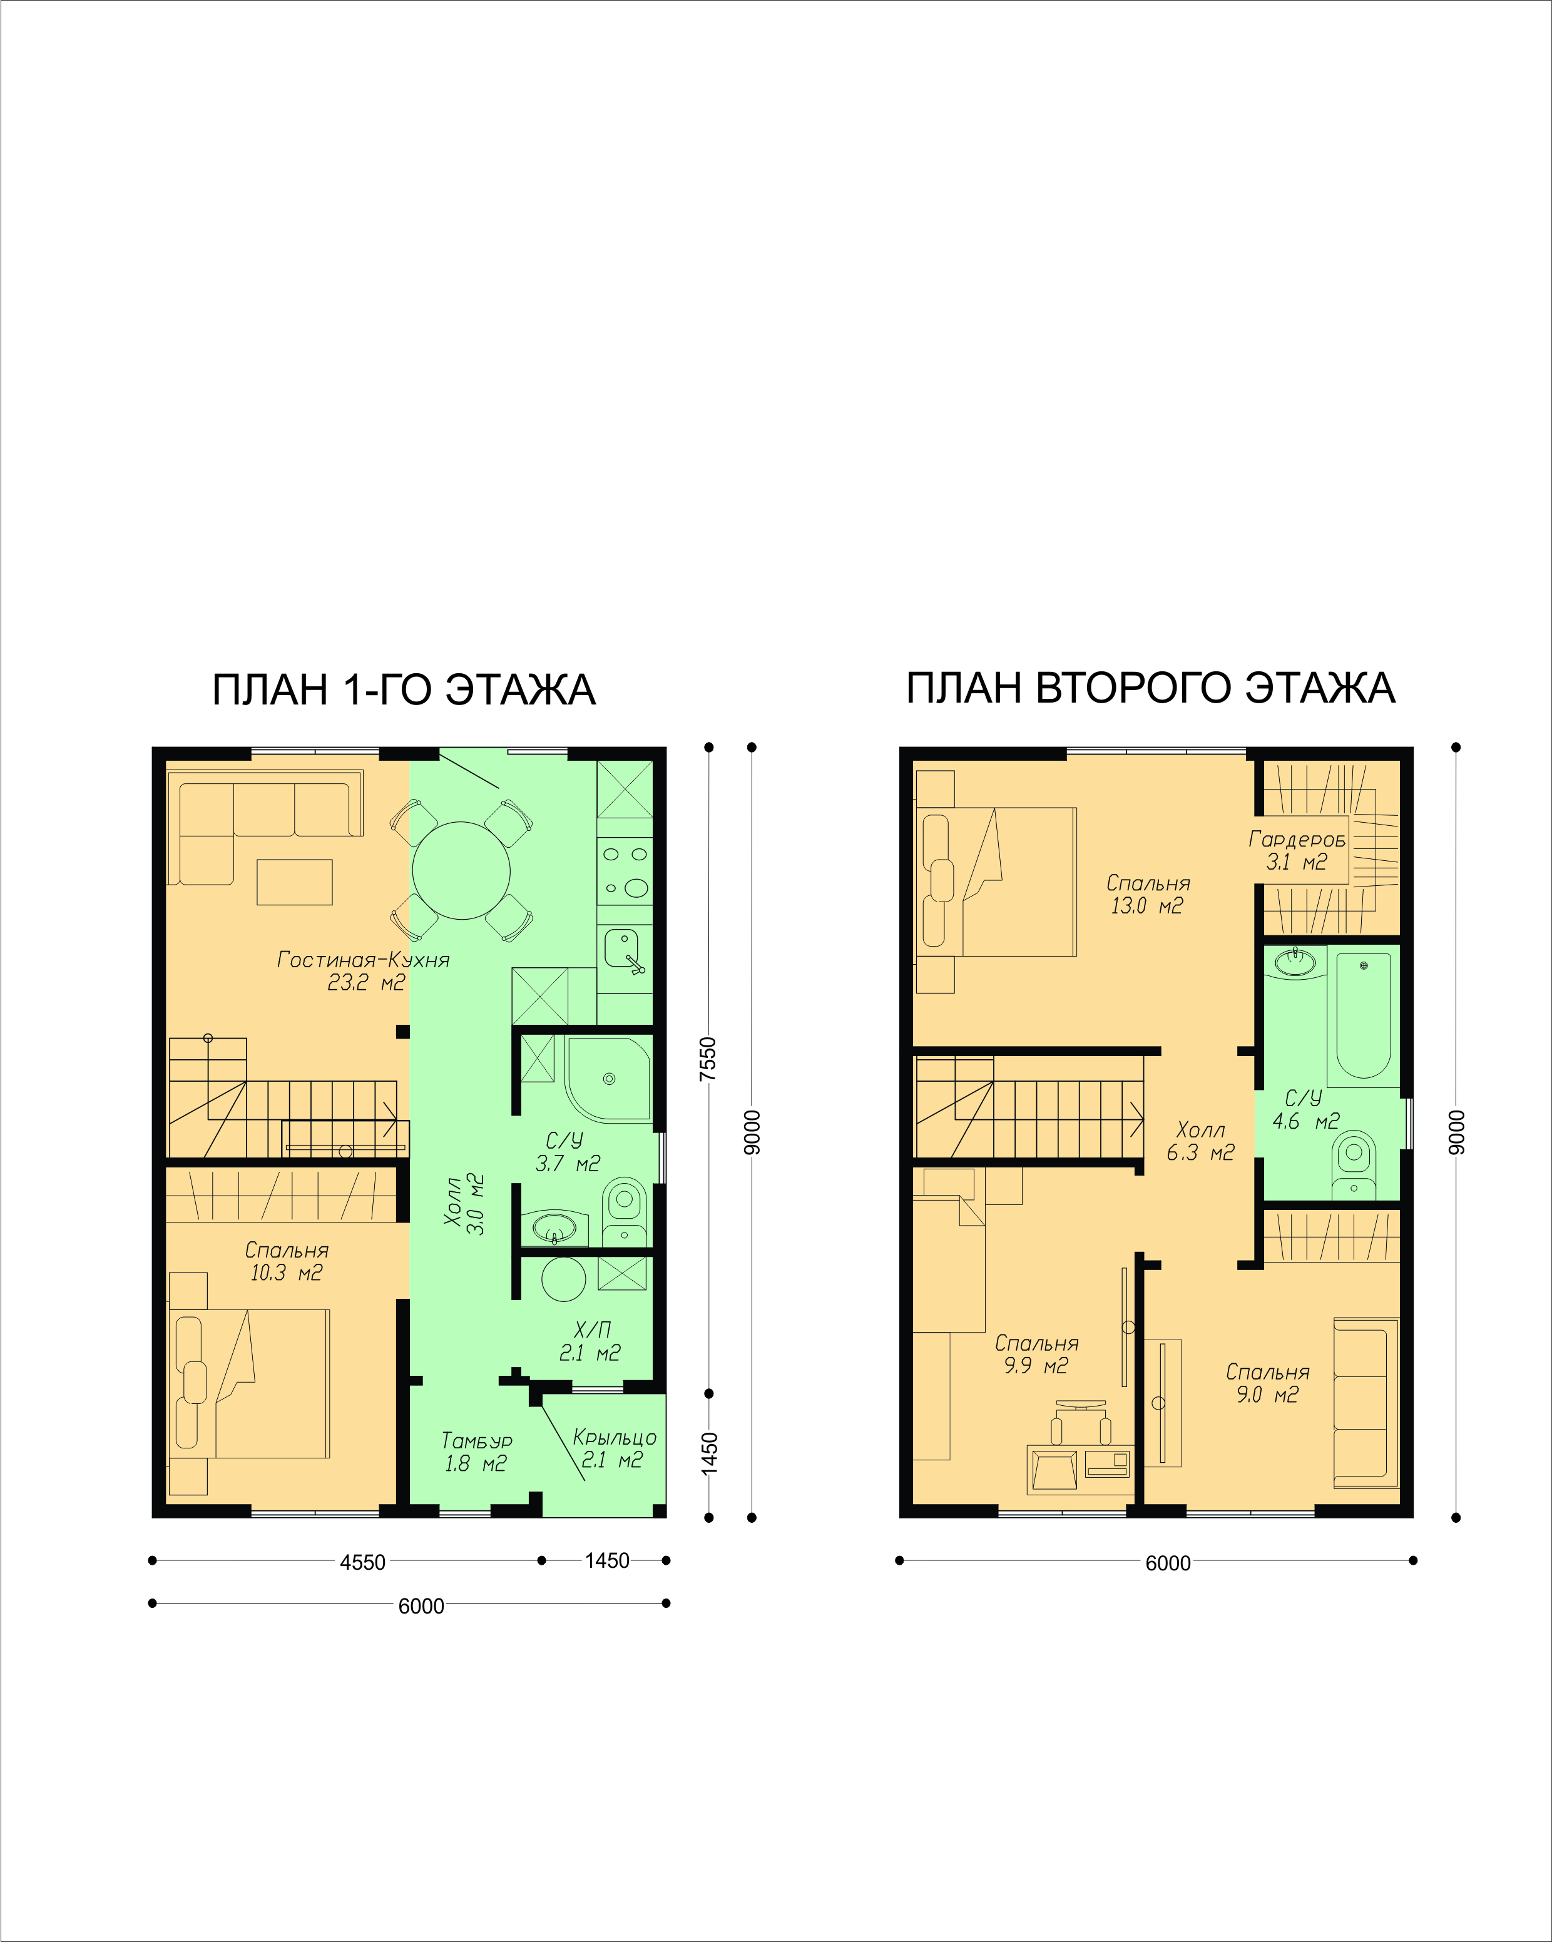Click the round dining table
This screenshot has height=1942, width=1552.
(461, 870)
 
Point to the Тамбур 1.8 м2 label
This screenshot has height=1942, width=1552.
(476, 1452)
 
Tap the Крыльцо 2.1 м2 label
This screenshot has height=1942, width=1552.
(615, 1448)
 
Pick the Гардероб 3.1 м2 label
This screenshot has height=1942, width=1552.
(1297, 850)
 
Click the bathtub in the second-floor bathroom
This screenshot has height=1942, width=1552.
(1364, 1015)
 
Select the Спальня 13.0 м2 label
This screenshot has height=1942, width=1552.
(1148, 895)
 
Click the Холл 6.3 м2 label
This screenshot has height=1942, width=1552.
(1201, 1141)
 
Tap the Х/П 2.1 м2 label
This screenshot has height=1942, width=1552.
(591, 1341)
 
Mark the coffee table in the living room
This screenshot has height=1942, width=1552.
(295, 882)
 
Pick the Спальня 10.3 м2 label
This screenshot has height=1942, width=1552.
(287, 1261)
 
